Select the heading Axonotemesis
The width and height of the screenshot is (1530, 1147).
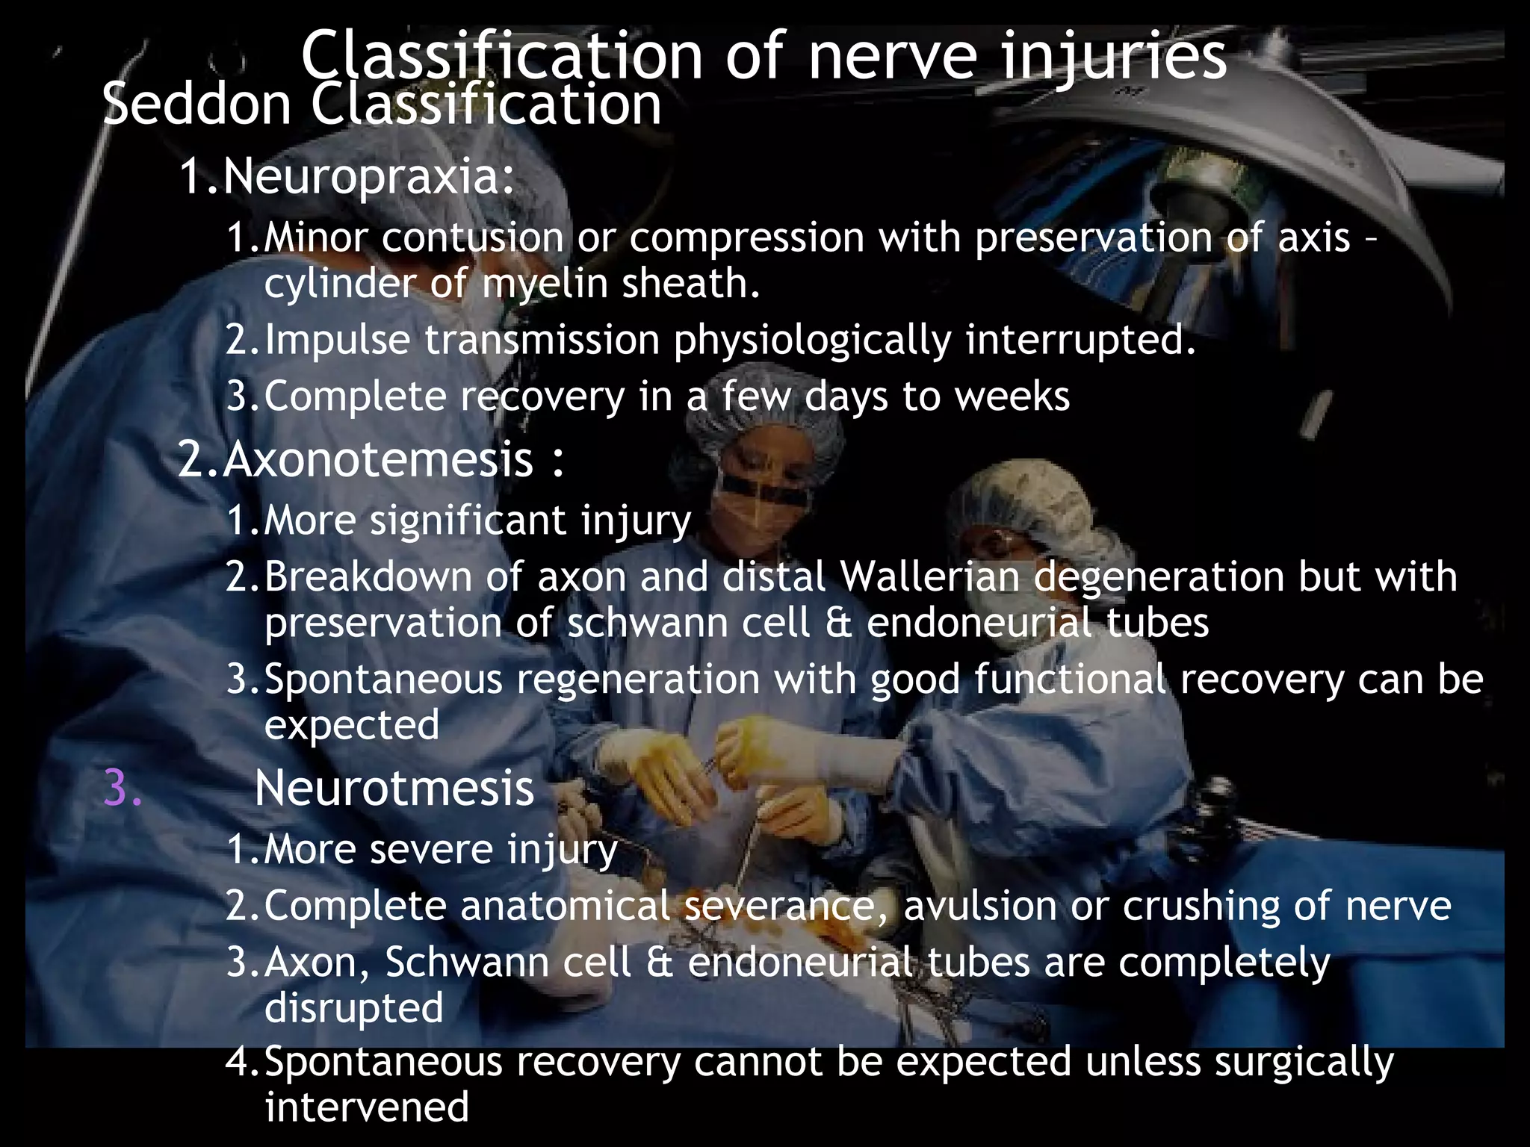[x=378, y=459]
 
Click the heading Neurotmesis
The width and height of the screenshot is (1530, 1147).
[x=394, y=789]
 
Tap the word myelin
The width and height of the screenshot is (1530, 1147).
[x=545, y=284]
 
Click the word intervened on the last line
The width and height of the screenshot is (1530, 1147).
[x=367, y=1107]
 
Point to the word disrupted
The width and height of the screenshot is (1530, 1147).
[x=354, y=1007]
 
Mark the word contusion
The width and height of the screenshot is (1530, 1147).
[x=474, y=238]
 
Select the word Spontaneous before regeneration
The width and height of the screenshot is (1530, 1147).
[x=383, y=680]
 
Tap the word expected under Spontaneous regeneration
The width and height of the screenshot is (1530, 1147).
[x=352, y=725]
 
